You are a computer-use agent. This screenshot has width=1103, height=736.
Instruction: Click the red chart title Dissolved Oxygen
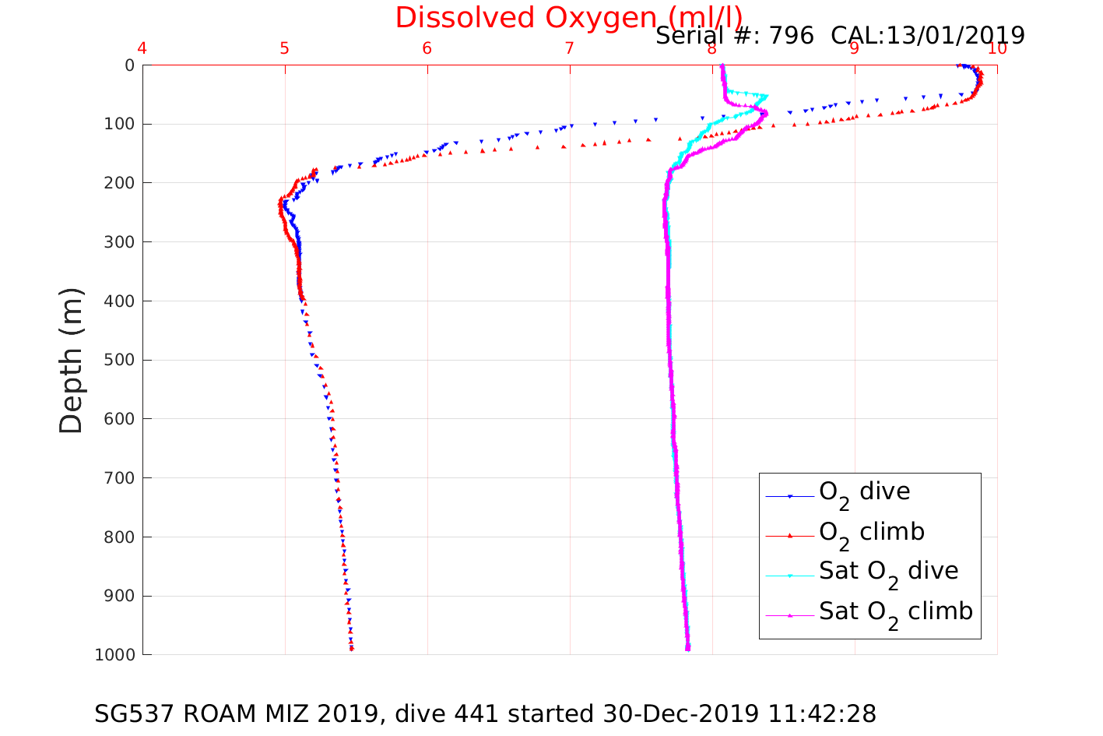tap(568, 17)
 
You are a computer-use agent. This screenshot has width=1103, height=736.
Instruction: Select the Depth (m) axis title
tap(71, 360)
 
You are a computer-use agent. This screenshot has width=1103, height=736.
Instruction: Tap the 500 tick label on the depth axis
tap(118, 360)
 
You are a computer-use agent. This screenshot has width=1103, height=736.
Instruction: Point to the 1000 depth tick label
tap(114, 655)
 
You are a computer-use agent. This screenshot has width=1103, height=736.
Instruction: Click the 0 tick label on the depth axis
tap(129, 65)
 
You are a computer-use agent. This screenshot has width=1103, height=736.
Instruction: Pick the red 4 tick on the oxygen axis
tap(142, 48)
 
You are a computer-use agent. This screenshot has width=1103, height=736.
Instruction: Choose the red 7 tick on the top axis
tap(570, 48)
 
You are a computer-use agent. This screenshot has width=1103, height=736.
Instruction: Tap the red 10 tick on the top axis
tap(997, 48)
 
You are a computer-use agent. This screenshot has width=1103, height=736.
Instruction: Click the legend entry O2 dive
tap(864, 492)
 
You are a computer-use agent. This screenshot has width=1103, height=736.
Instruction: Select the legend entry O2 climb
tap(871, 533)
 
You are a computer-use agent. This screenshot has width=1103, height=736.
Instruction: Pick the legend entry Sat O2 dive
tap(888, 572)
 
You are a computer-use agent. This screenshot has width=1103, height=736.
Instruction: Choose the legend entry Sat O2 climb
tap(895, 612)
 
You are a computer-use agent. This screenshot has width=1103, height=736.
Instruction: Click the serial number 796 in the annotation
tap(792, 36)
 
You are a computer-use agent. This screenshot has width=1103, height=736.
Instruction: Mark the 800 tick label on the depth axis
tap(118, 537)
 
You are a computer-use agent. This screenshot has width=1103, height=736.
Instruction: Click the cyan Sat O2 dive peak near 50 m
tap(767, 96)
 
